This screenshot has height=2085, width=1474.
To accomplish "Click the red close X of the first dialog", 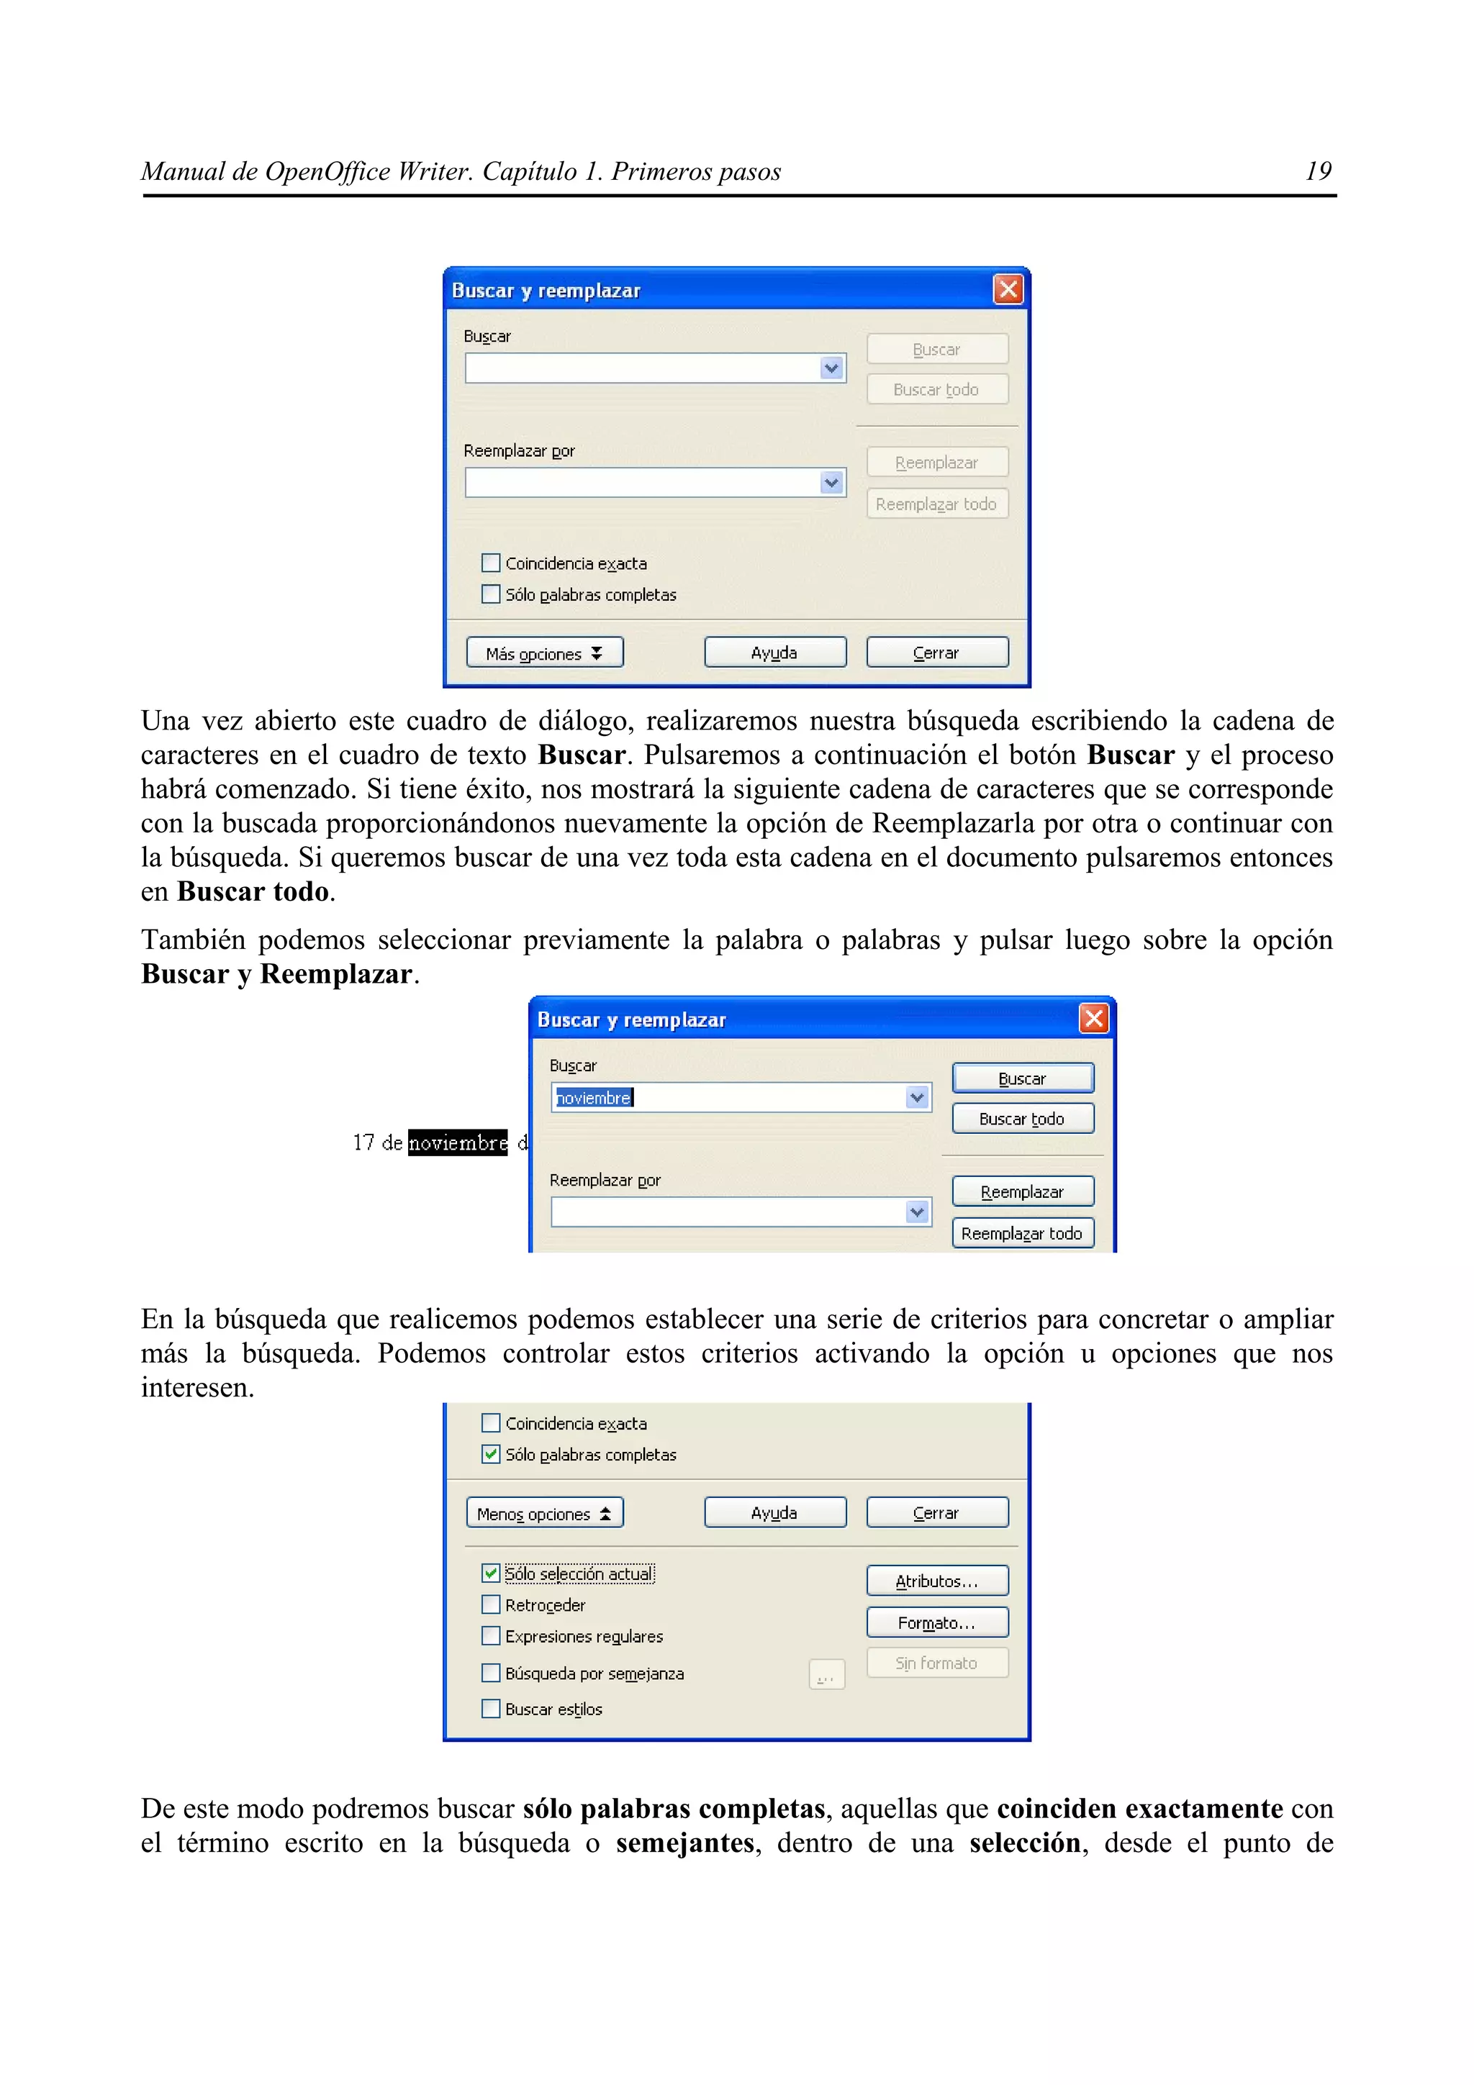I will click(1008, 290).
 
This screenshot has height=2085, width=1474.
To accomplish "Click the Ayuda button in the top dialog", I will click(774, 653).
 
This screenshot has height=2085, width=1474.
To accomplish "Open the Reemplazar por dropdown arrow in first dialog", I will click(831, 482).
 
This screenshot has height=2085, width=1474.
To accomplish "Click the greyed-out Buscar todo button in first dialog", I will click(936, 389).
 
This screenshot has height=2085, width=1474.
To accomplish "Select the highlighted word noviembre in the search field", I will click(594, 1098).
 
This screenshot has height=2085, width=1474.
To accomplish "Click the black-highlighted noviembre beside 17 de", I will click(458, 1143).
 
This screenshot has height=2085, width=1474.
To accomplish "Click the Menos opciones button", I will click(544, 1513).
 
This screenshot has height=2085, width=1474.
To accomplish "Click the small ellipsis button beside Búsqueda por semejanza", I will click(826, 1673).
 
